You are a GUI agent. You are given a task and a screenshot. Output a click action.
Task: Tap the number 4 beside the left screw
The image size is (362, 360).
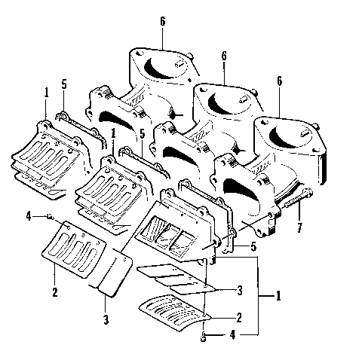[28, 217]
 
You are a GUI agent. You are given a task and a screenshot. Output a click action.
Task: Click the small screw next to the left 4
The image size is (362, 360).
[50, 217]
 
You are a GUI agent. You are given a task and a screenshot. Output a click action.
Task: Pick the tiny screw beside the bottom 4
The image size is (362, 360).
[204, 335]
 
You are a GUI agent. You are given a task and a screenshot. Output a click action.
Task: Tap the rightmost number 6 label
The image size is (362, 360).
[279, 81]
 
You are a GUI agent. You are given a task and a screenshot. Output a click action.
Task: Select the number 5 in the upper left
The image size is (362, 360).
[64, 84]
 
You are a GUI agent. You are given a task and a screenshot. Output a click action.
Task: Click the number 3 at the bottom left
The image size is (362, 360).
[106, 319]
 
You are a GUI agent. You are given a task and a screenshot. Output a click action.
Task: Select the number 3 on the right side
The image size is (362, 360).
[238, 289]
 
